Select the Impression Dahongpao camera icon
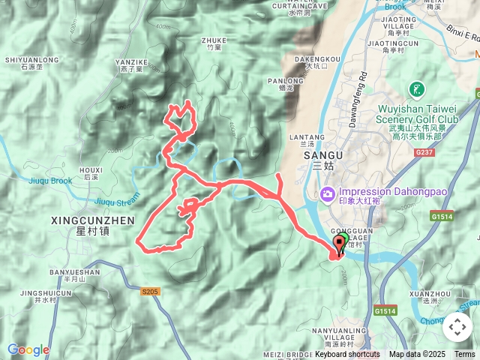(328, 196)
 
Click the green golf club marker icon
(415, 91)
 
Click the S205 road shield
(149, 290)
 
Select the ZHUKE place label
(214, 41)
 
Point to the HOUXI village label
(91, 170)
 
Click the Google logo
(28, 349)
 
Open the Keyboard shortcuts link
(346, 354)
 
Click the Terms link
(464, 354)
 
